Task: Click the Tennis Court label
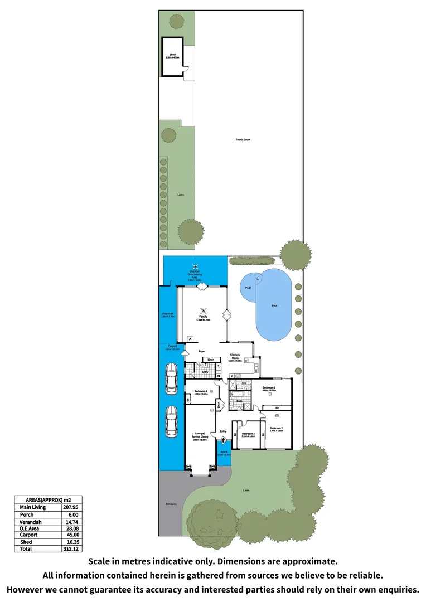(243, 140)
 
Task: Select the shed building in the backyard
(172, 57)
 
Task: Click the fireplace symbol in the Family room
(190, 338)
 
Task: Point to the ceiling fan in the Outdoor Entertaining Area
(195, 266)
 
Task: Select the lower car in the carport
(171, 422)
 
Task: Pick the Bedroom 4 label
(201, 392)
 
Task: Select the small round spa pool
(249, 287)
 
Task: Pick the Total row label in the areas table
(26, 549)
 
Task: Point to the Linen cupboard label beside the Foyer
(211, 360)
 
